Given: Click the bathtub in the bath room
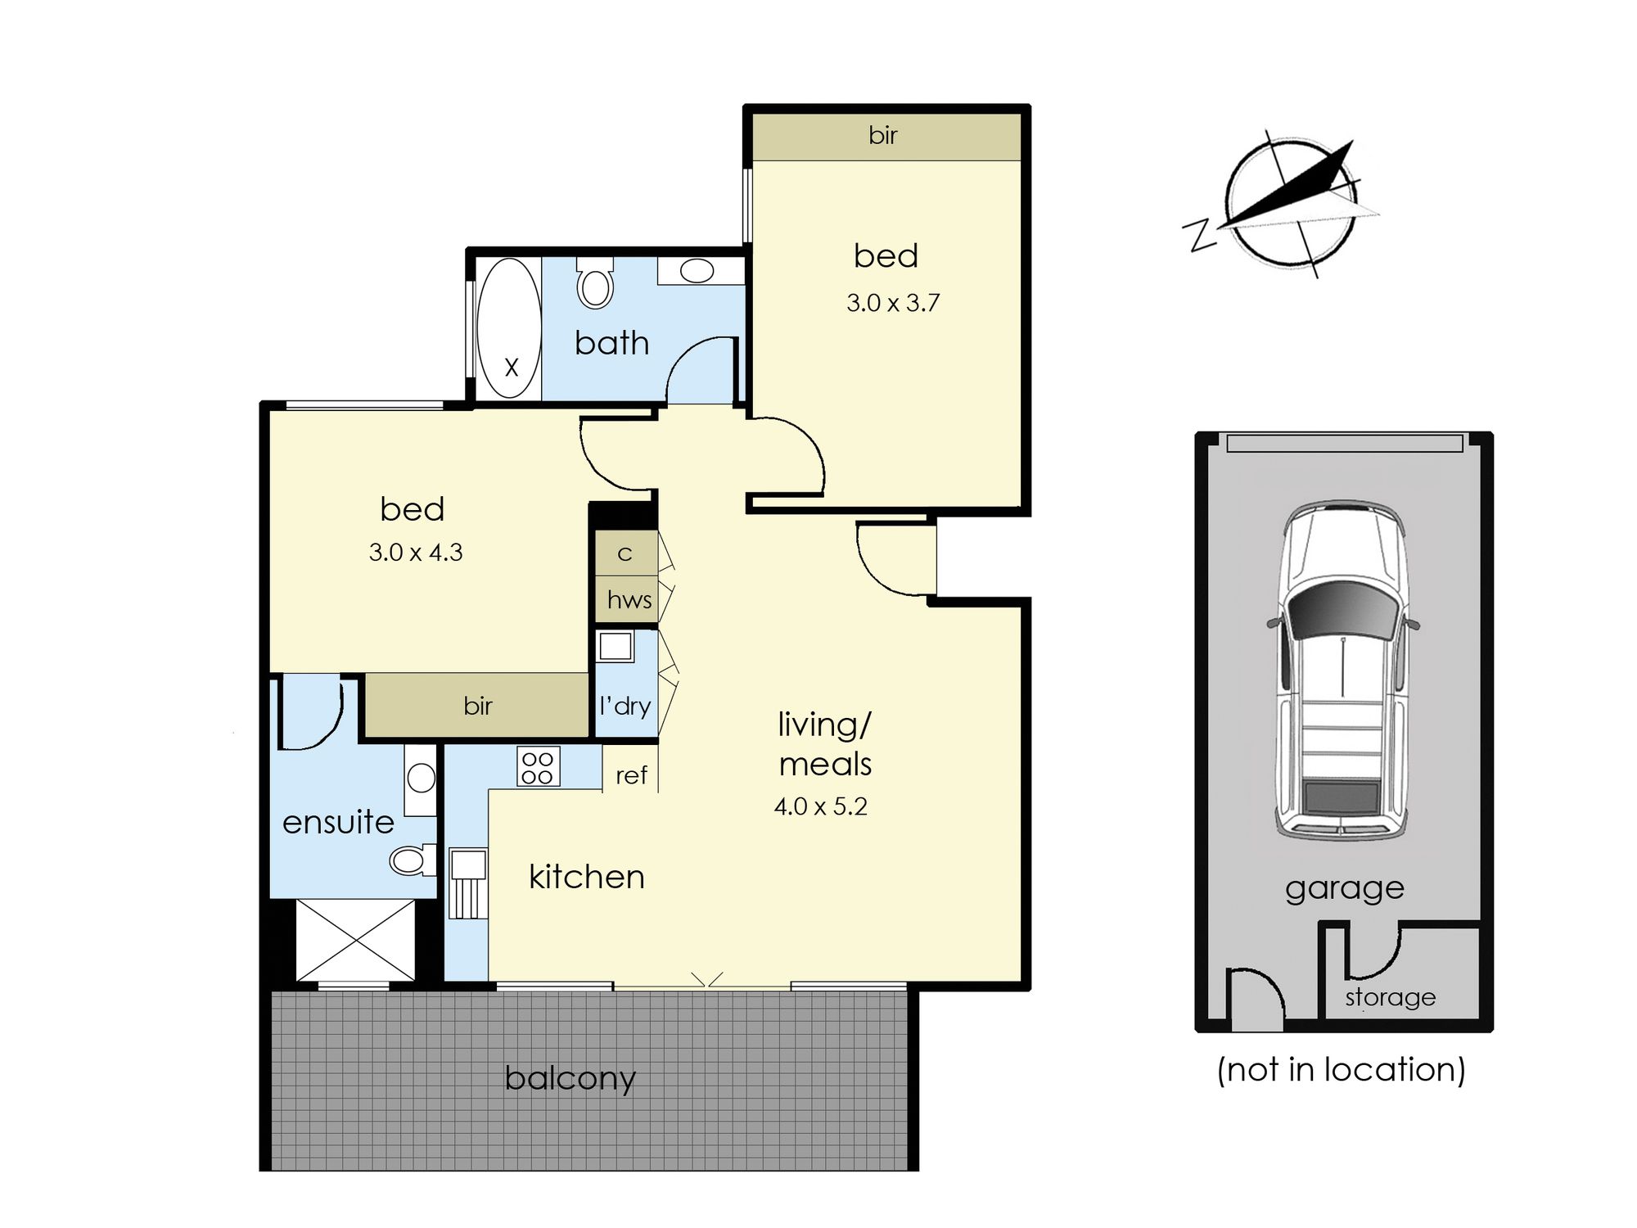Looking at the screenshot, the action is point(508,328).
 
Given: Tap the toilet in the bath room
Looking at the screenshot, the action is point(595,283).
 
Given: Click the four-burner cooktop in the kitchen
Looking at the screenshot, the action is point(538,767).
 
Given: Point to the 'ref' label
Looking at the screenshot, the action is point(631,774).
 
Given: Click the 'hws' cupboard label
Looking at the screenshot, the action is point(629,599).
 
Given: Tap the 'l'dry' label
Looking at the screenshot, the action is point(625,706).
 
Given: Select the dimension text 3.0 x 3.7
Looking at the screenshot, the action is point(893,303).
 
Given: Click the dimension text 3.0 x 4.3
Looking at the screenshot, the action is point(416,553).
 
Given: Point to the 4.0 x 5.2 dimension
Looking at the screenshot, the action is point(820,806).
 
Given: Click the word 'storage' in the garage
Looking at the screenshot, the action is point(1390,997).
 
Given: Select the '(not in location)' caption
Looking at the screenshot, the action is point(1341,1069).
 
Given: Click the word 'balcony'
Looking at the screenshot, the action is point(570,1078).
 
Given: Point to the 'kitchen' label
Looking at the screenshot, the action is point(586,877).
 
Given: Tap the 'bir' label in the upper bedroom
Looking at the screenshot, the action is point(883,135).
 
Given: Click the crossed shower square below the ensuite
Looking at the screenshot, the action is point(355,939).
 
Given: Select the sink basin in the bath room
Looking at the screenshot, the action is point(697,271).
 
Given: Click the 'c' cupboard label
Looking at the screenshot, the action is point(625,554).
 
